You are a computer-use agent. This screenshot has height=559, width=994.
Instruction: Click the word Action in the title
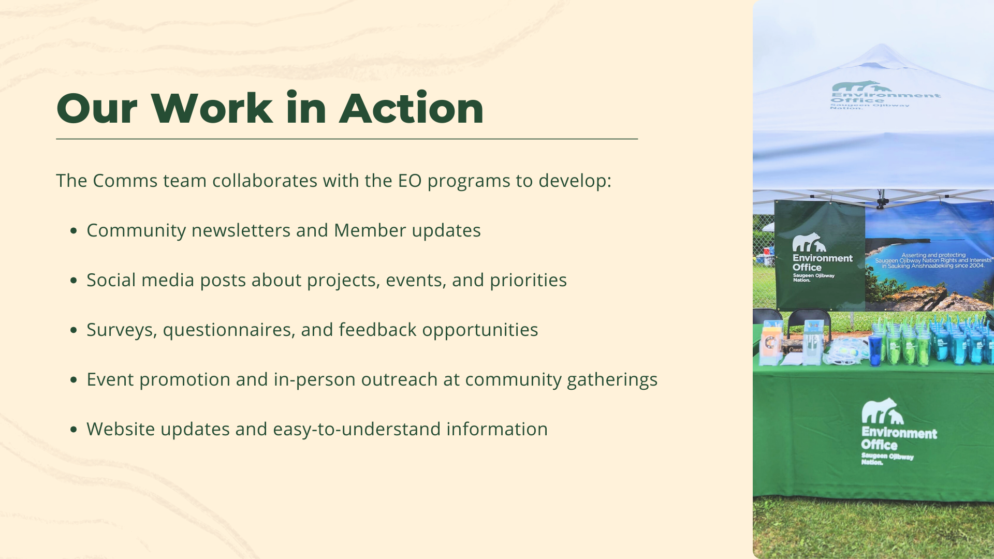click(x=412, y=108)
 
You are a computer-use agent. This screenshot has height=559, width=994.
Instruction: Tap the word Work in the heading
click(x=212, y=108)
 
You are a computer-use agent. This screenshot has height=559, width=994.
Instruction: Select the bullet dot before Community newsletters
click(x=74, y=231)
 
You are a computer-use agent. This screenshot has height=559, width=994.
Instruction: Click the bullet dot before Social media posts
click(x=74, y=281)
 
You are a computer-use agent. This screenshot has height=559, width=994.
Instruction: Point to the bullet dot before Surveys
click(x=74, y=330)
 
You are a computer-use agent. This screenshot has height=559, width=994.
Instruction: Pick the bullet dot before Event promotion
click(x=74, y=380)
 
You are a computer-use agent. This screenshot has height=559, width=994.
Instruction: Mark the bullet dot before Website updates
click(x=74, y=430)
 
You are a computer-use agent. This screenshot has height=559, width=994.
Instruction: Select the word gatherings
click(x=612, y=380)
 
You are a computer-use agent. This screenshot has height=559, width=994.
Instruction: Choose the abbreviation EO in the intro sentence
click(x=410, y=181)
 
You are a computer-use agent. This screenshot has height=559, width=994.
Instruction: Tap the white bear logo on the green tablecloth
click(x=882, y=411)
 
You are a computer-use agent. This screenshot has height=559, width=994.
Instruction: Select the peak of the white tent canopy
click(x=882, y=46)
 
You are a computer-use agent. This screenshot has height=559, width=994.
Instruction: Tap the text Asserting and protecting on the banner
click(x=933, y=255)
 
